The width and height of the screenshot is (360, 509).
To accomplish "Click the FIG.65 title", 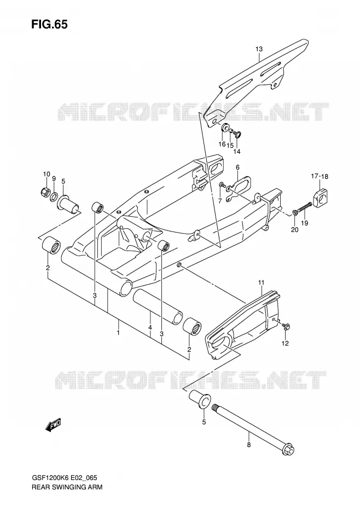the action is pos(49,24).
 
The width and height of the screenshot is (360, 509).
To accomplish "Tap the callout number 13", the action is pos(259,49).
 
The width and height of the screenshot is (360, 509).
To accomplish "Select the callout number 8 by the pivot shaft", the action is pos(249,445).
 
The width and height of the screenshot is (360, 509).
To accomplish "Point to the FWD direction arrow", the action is pos(53,425).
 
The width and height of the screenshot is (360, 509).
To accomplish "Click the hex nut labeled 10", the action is pos(45,192).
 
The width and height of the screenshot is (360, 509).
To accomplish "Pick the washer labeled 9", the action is pos(54,196).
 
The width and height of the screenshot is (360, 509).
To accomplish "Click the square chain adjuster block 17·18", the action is pos(321,195).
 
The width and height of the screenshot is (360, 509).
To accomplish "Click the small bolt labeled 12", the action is pos(286,326).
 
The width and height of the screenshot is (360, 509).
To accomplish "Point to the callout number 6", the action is pos(237,167).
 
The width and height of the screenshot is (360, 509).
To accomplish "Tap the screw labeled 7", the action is pos(222,184).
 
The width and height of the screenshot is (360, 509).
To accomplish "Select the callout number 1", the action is pos(119,333).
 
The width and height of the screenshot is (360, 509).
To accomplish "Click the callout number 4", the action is pos(150,328).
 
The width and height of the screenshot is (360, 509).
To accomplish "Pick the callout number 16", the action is pos(222,144).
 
